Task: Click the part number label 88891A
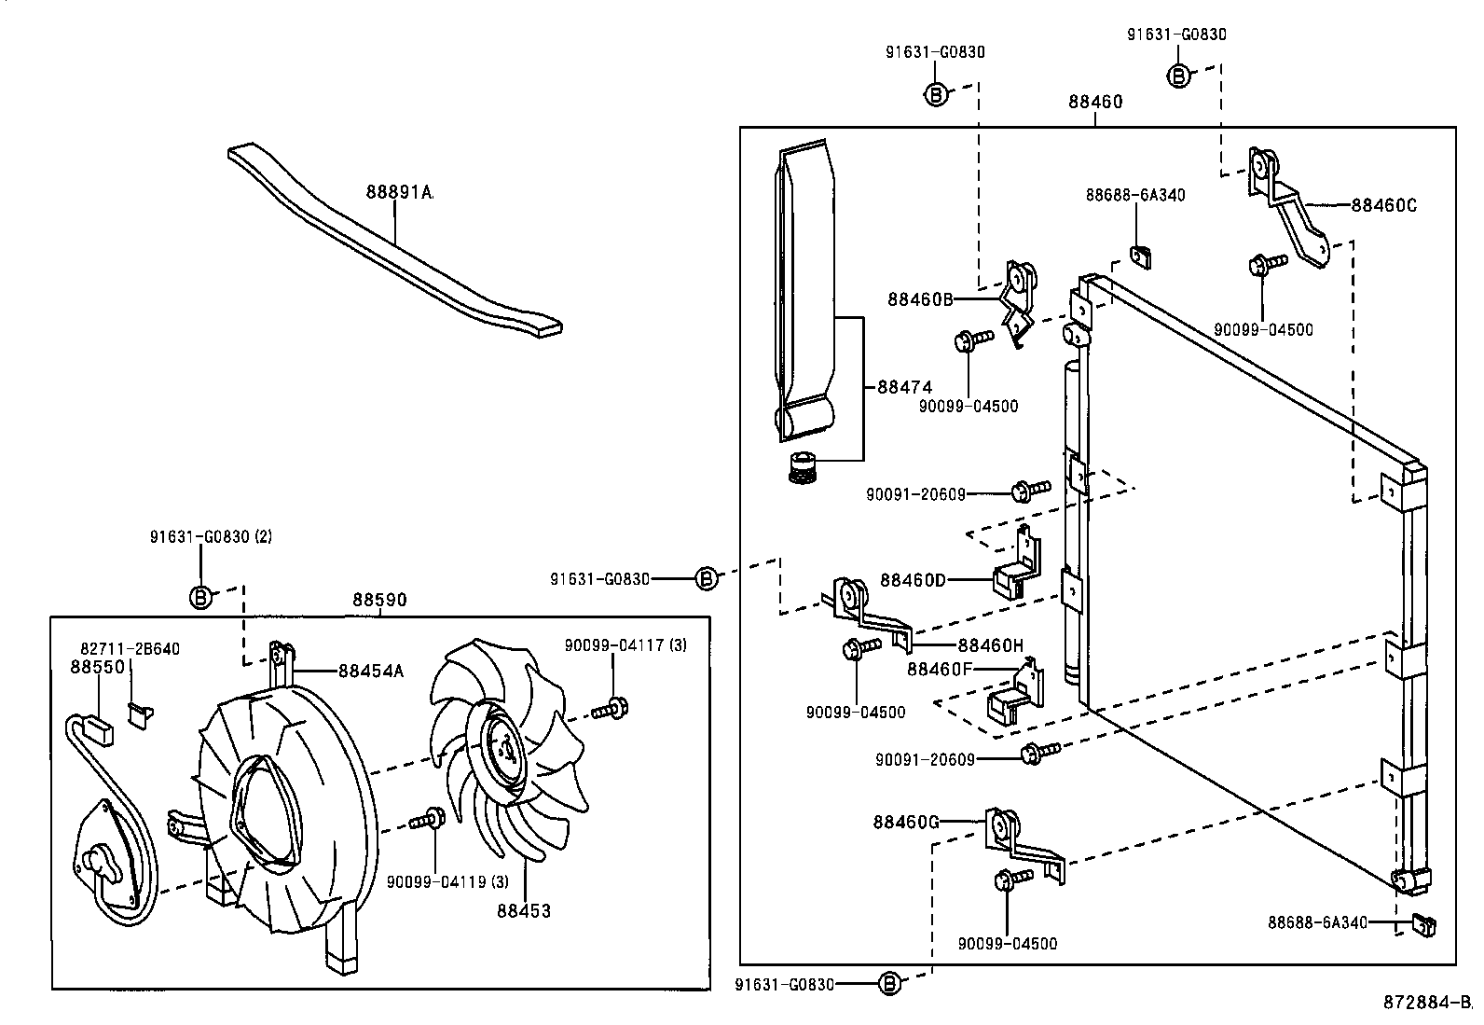pyautogui.click(x=399, y=192)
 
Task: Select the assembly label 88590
pyautogui.click(x=378, y=602)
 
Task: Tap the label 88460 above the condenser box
pyautogui.click(x=1095, y=102)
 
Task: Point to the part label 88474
pyautogui.click(x=904, y=386)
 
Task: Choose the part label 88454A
pyautogui.click(x=371, y=670)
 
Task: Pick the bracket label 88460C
pyautogui.click(x=1383, y=205)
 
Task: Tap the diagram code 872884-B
pyautogui.click(x=1432, y=1002)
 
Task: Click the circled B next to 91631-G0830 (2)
pyautogui.click(x=200, y=597)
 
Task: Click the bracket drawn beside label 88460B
pyautogui.click(x=1017, y=303)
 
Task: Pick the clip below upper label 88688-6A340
pyautogui.click(x=1138, y=255)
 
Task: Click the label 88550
pyautogui.click(x=89, y=667)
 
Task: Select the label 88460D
pyautogui.click(x=912, y=580)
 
